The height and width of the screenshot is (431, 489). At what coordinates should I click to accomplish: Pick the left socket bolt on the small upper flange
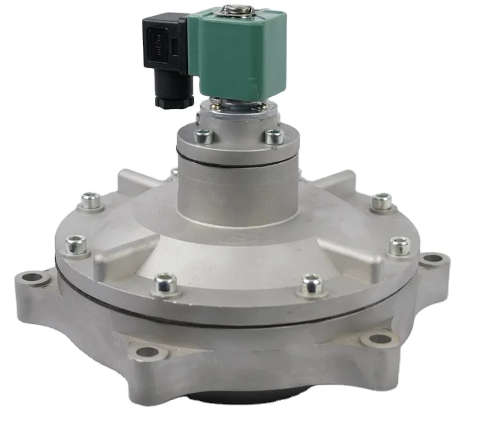pyautogui.click(x=203, y=135)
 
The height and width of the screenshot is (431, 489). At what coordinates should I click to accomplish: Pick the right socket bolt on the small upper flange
pyautogui.click(x=274, y=135)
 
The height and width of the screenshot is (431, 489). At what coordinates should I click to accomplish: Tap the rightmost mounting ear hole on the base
pyautogui.click(x=433, y=260)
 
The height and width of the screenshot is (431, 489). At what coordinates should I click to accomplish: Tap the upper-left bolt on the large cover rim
pyautogui.click(x=90, y=202)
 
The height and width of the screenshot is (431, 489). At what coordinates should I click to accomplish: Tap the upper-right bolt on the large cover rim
pyautogui.click(x=382, y=201)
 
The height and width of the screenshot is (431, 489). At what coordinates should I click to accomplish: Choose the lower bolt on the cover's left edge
pyautogui.click(x=75, y=244)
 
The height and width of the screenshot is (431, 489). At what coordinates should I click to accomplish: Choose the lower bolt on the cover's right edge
pyautogui.click(x=400, y=244)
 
